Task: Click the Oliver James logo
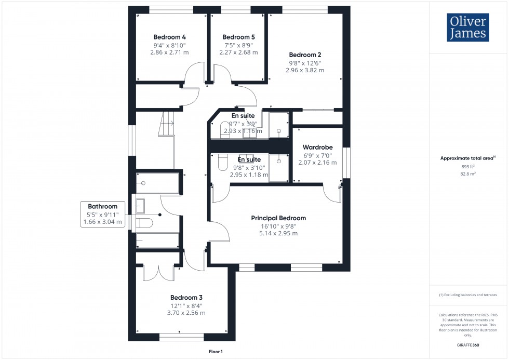tap(467, 28)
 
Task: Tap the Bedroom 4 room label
tap(169, 37)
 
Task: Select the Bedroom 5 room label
tap(238, 37)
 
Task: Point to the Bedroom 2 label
tap(305, 55)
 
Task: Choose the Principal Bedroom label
tap(278, 218)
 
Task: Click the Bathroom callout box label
tap(103, 207)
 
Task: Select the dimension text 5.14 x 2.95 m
tap(278, 234)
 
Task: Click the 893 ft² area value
tap(468, 167)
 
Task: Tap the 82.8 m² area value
tap(468, 174)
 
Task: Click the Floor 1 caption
tap(215, 352)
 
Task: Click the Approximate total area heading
tap(467, 158)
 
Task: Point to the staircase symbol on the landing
tap(167, 125)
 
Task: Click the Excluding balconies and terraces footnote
tap(468, 295)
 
